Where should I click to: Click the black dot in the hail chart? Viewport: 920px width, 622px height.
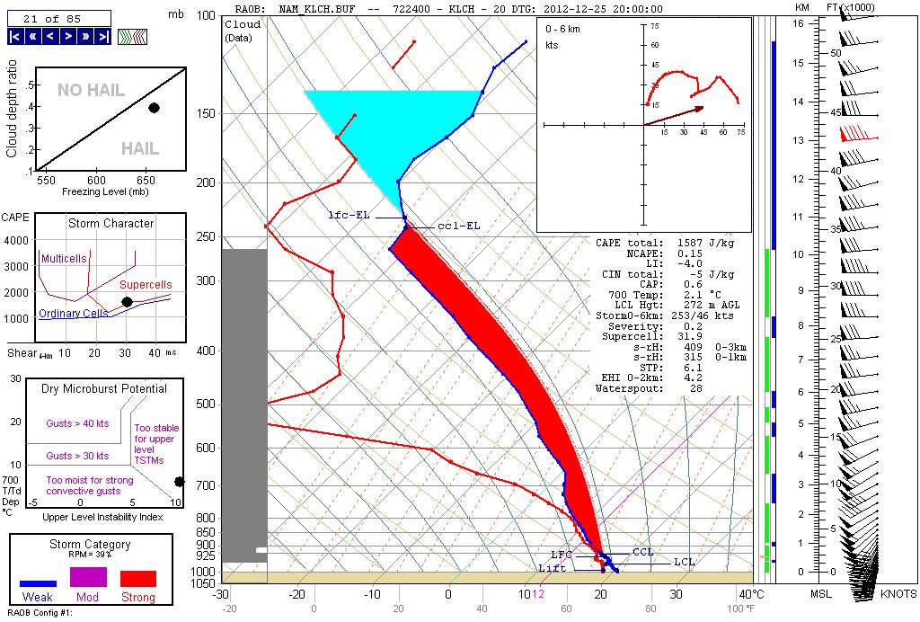154,108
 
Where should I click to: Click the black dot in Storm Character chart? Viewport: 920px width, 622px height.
127,301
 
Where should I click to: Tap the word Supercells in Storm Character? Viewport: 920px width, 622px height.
145,284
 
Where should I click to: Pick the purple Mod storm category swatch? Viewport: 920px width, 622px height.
88,578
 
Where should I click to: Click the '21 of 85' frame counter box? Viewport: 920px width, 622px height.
59,17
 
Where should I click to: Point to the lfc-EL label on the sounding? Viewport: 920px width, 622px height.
349,216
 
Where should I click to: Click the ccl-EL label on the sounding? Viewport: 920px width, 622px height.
458,226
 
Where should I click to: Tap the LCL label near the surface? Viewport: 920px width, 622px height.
685,563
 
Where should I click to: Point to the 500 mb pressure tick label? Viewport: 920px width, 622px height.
206,404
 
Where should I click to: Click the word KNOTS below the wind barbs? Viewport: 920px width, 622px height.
898,594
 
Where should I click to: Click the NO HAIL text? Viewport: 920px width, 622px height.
91,90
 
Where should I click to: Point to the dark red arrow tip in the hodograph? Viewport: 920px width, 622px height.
702,107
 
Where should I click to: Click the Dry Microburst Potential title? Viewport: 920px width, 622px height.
103,389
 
